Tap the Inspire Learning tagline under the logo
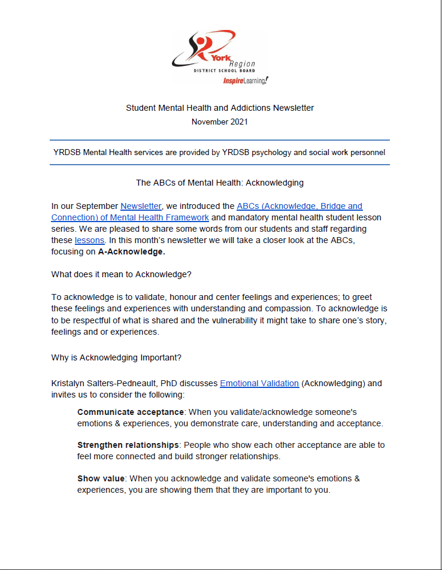point(246,80)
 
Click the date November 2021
point(220,122)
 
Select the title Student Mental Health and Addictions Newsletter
point(220,108)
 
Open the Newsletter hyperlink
point(141,207)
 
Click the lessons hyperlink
point(90,240)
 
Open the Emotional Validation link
point(259,383)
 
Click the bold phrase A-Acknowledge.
point(132,251)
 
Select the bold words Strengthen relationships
point(128,445)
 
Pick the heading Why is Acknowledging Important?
point(116,358)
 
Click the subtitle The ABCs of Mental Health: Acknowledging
point(220,183)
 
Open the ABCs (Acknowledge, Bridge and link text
point(299,207)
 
